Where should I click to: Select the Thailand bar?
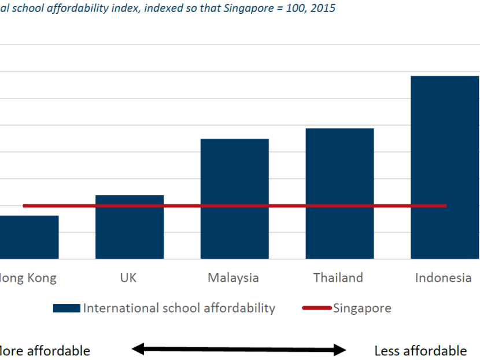[x=339, y=193]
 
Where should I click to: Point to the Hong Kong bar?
[x=29, y=237]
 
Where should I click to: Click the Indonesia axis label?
[x=444, y=278]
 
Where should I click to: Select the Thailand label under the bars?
[x=338, y=278]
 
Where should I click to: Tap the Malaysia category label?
[x=233, y=278]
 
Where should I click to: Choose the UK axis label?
[x=128, y=278]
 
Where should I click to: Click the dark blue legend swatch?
[x=67, y=308]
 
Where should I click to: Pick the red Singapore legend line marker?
[x=316, y=308]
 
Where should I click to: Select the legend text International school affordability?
[x=179, y=308]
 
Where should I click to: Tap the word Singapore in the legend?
[x=362, y=308]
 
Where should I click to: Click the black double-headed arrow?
[x=239, y=348]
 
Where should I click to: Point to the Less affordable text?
[x=420, y=351]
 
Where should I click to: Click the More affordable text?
[x=45, y=351]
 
